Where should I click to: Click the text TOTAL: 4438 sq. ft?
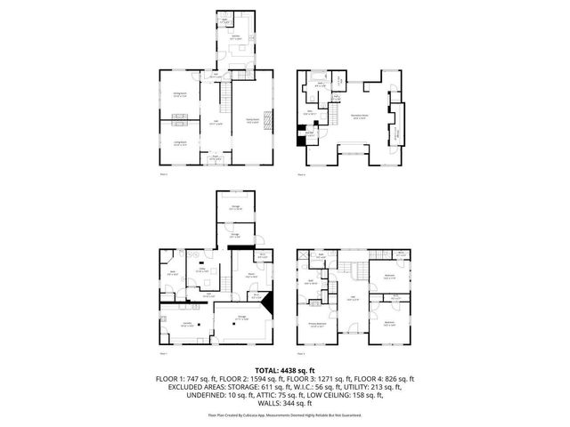(285, 369)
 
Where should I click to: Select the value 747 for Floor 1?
(214, 379)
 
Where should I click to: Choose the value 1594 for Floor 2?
(276, 379)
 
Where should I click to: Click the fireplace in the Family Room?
(274, 117)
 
